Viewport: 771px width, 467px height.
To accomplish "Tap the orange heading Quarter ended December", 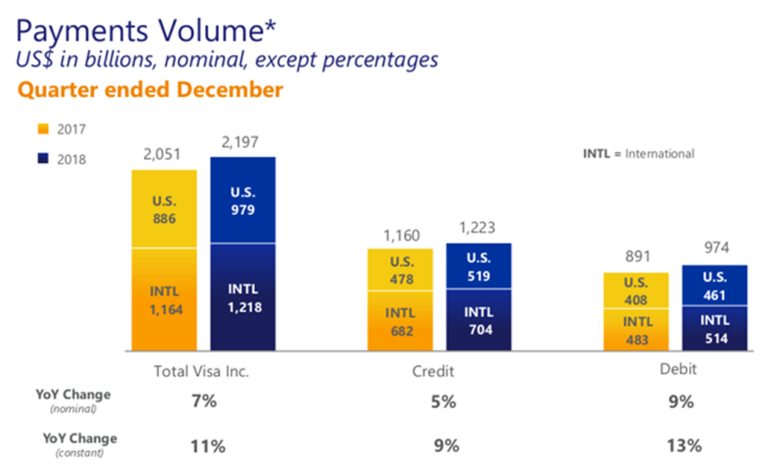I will pos(150,90).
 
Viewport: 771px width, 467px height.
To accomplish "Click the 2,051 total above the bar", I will pos(163,155).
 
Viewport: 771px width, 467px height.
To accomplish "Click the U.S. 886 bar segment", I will pos(163,209).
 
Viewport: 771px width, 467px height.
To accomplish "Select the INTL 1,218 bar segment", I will pos(242,297).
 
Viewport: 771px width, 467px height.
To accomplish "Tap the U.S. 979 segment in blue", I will pos(242,200).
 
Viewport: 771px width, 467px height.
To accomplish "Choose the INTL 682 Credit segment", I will pos(400,321).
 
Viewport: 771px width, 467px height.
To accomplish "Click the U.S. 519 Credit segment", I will pos(478,266).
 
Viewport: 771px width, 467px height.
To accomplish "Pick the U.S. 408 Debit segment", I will pos(636,291).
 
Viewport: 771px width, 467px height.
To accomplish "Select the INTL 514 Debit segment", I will pos(715,328).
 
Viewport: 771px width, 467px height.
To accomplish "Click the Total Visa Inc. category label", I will pos(200,371).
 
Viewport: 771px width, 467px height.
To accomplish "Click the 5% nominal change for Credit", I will pos(443,401).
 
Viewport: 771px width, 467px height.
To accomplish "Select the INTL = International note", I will pos(638,153).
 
